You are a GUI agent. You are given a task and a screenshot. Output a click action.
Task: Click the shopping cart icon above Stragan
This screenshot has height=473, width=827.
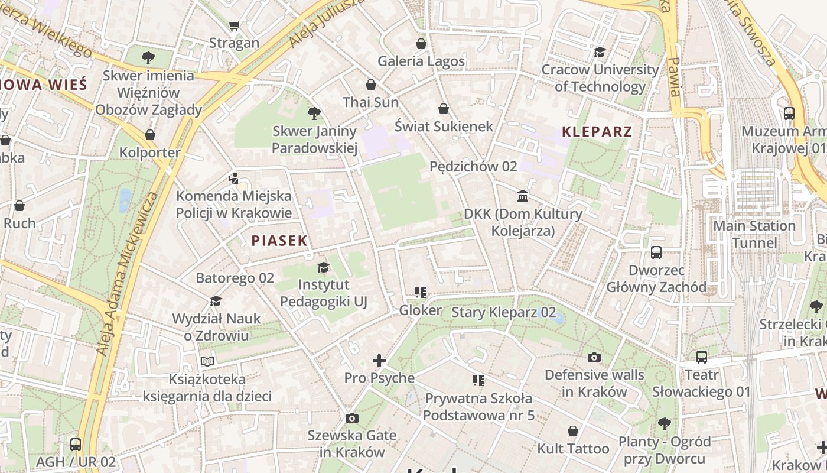click(x=235, y=25)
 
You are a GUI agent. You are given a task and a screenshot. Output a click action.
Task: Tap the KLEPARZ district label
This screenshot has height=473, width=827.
click(x=597, y=132)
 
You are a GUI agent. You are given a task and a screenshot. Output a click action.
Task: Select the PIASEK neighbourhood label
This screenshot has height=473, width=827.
click(x=279, y=241)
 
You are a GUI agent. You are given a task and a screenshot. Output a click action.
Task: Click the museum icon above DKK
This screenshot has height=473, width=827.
click(x=523, y=196)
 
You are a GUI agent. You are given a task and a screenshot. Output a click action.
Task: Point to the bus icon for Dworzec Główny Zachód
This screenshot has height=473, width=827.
click(x=656, y=252)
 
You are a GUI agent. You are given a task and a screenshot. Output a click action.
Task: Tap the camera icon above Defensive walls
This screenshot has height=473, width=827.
click(x=594, y=357)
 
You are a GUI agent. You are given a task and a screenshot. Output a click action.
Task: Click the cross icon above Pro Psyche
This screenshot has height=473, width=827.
click(x=379, y=360)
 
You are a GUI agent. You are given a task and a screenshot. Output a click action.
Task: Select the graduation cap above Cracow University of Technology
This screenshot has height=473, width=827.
click(x=600, y=52)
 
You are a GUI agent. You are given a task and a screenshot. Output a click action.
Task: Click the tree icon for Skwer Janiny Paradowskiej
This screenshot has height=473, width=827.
click(x=314, y=113)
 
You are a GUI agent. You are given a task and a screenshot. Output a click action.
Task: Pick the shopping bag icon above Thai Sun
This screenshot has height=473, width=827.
click(x=371, y=85)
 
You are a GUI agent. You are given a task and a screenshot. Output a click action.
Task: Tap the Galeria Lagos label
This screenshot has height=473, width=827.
click(x=421, y=61)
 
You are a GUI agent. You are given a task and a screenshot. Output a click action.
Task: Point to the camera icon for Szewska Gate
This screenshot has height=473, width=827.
click(x=352, y=418)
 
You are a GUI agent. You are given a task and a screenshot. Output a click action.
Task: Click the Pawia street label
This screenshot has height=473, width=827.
click(x=675, y=77)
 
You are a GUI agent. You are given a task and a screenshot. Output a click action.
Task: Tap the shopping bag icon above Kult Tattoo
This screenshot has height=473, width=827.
click(x=573, y=431)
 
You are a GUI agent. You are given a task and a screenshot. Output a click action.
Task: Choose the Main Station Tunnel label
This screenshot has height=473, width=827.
click(x=754, y=234)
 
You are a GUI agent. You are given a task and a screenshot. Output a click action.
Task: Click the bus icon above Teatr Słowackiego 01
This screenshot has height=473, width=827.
click(x=702, y=357)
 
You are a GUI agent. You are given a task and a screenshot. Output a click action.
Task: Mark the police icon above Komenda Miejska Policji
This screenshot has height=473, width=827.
click(x=234, y=178)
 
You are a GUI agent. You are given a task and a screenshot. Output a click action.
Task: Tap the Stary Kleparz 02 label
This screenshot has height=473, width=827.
click(x=503, y=312)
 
